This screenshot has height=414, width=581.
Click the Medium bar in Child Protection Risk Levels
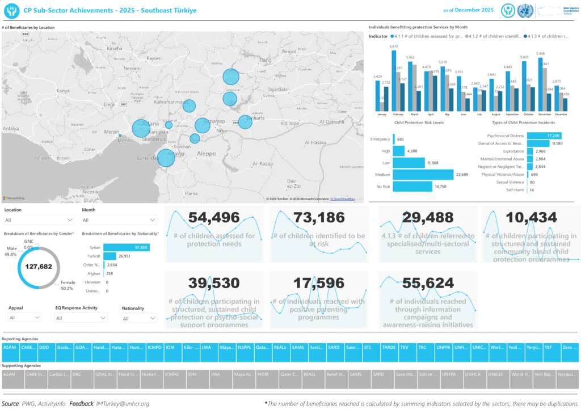[423, 175]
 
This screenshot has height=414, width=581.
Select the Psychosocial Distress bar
[544, 136]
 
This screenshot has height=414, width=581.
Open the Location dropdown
[38, 220]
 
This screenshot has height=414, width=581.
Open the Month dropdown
[119, 220]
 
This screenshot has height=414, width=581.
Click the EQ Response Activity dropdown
[81, 318]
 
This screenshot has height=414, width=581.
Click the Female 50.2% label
[67, 285]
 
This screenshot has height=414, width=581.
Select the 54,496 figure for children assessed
[214, 217]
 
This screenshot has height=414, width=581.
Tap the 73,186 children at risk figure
[319, 217]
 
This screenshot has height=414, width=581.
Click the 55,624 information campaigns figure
[428, 283]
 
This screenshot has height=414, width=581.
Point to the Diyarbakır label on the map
[282, 89]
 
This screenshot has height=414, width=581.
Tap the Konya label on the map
[62, 90]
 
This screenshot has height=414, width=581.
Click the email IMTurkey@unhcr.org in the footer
[123, 404]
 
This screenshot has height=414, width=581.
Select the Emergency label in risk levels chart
[380, 139]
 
